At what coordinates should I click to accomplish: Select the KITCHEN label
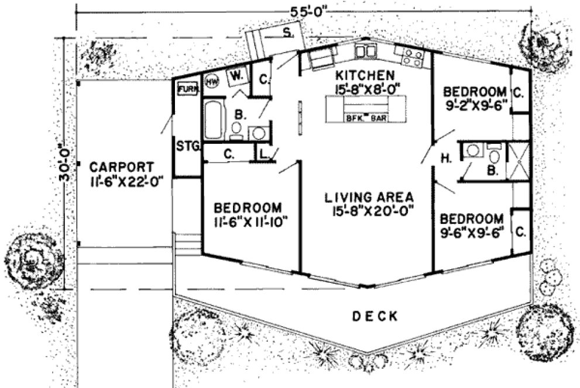pyautogui.click(x=364, y=75)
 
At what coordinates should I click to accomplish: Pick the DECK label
pyautogui.click(x=376, y=316)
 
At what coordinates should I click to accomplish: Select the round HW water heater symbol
pyautogui.click(x=211, y=83)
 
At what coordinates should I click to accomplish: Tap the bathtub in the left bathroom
pyautogui.click(x=213, y=120)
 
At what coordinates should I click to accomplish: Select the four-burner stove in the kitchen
pyautogui.click(x=413, y=56)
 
